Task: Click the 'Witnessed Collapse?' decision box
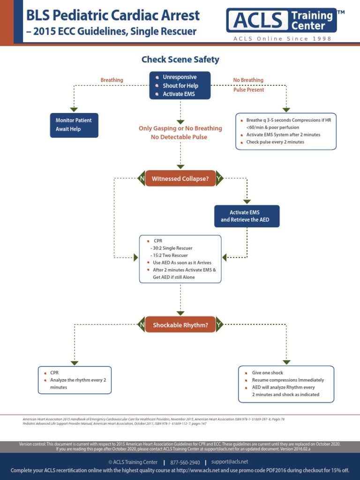(180, 179)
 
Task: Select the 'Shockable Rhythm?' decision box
(180, 324)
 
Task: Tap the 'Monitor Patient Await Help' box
(74, 124)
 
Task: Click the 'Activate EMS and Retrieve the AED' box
(247, 216)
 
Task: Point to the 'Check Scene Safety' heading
(180, 60)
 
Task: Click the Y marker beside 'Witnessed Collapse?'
(219, 179)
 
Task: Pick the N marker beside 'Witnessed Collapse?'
(141, 179)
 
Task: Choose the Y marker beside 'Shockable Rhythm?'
(219, 324)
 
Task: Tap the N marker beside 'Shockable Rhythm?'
(141, 324)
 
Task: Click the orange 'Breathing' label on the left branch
(112, 80)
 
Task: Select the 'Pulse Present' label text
(248, 90)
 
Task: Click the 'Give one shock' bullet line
(267, 373)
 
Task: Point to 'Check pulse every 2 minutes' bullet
(275, 142)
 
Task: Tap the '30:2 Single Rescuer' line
(172, 248)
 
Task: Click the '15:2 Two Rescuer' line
(170, 255)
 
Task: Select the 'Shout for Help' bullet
(180, 85)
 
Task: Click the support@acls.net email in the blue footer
(230, 462)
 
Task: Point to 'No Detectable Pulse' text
(179, 137)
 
